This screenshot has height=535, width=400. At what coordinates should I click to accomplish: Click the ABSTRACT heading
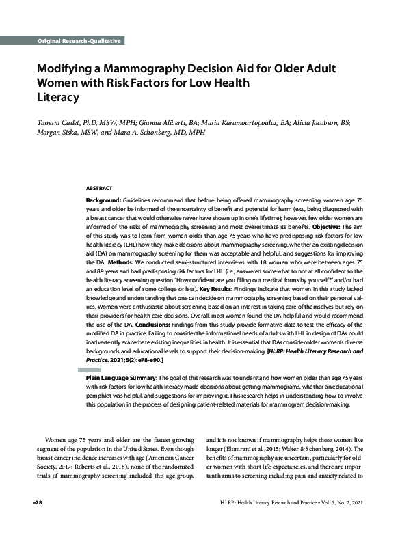[99, 187]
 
